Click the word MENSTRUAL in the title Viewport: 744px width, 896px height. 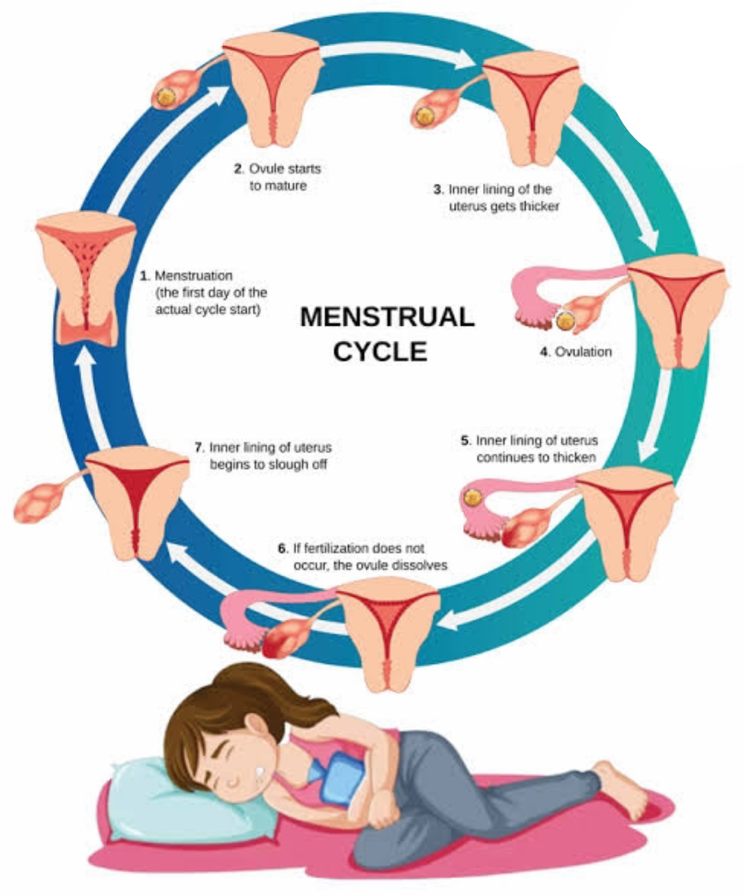387,317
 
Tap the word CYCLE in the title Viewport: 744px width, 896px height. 380,351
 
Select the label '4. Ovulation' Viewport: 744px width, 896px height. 576,352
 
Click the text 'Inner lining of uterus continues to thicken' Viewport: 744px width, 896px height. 530,448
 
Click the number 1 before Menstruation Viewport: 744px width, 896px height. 144,276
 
